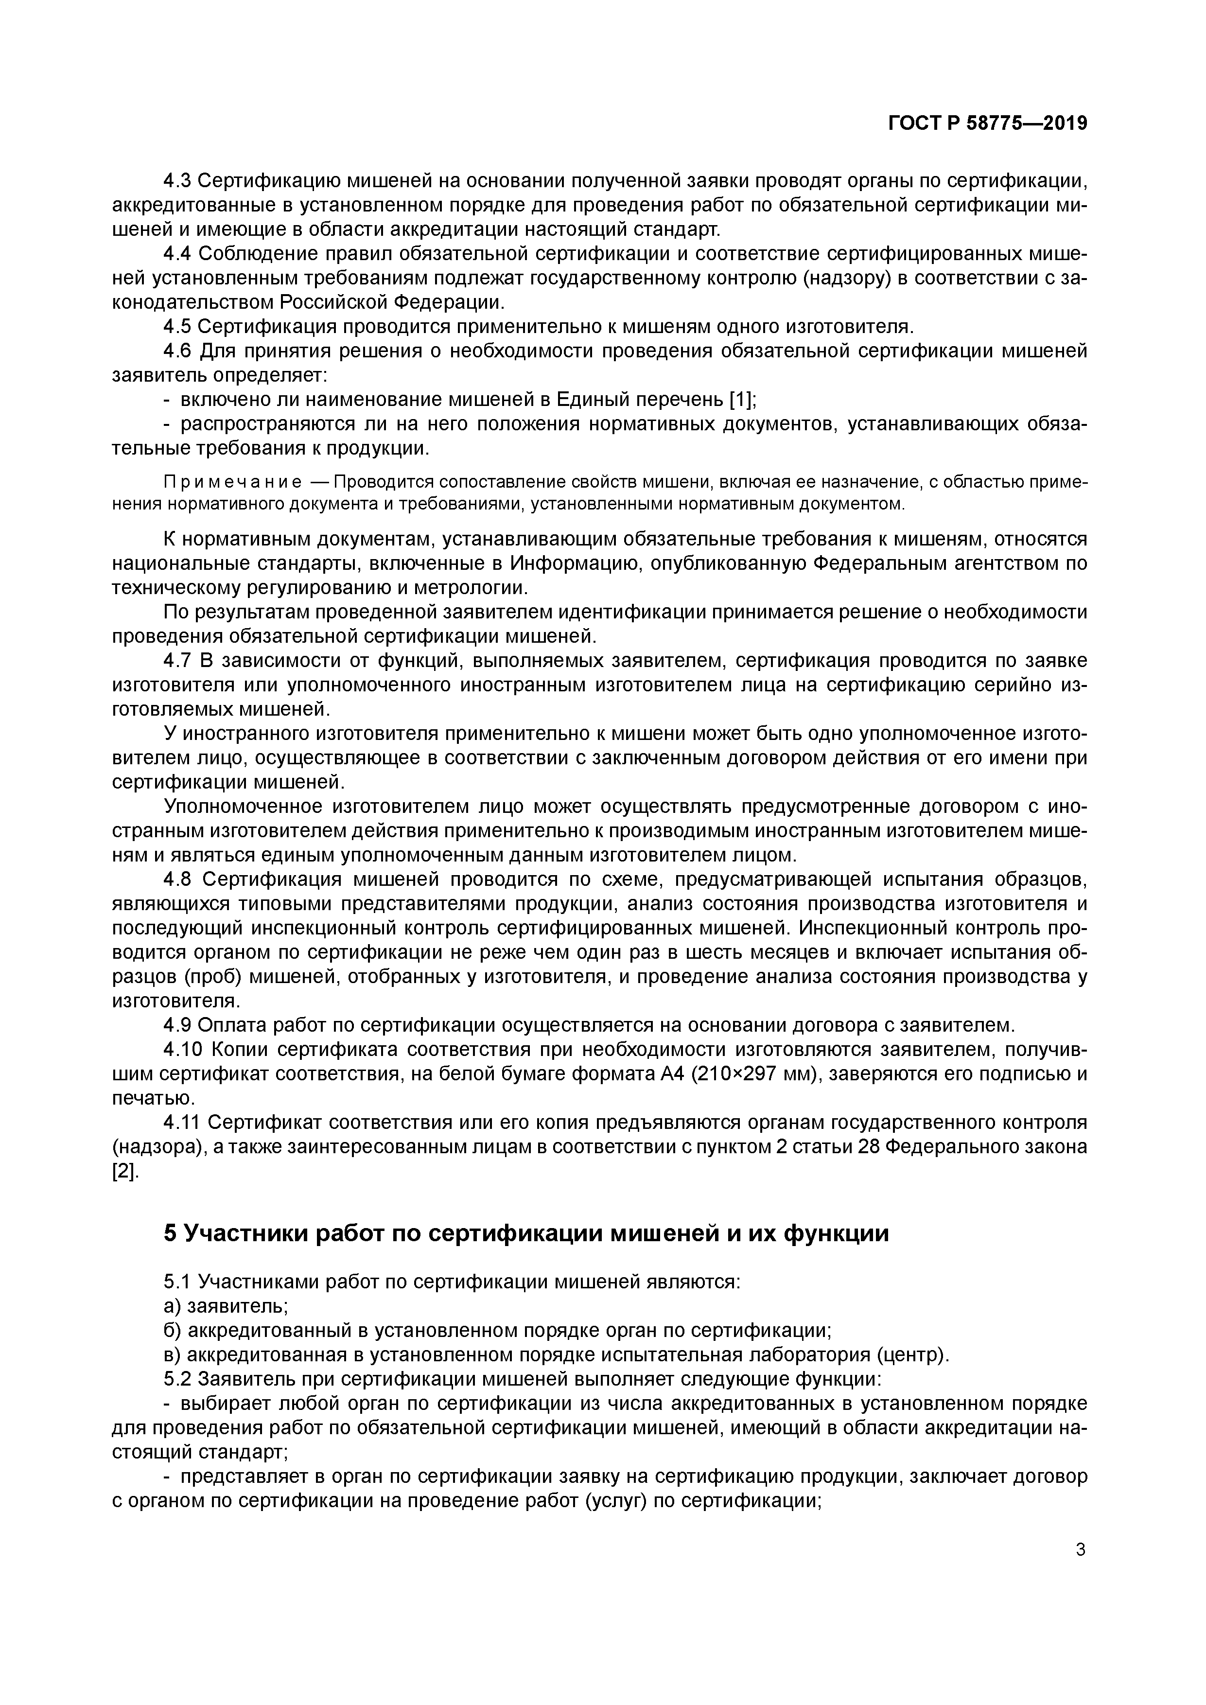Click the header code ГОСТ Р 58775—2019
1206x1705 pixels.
tap(988, 123)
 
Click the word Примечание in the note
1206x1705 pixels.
tap(232, 483)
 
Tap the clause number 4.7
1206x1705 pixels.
tap(177, 661)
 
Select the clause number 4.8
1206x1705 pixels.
tap(177, 880)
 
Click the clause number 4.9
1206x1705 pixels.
tap(177, 1025)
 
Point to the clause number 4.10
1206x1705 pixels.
tap(183, 1050)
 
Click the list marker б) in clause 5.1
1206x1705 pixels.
tap(172, 1330)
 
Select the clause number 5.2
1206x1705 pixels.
tap(177, 1379)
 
